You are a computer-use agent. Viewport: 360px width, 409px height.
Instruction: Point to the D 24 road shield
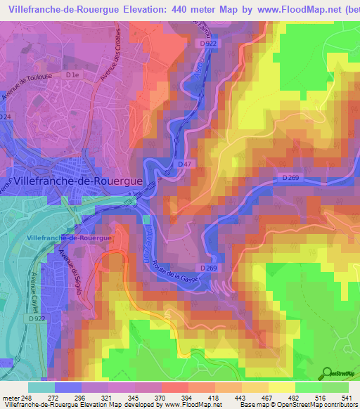point(6,117)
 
